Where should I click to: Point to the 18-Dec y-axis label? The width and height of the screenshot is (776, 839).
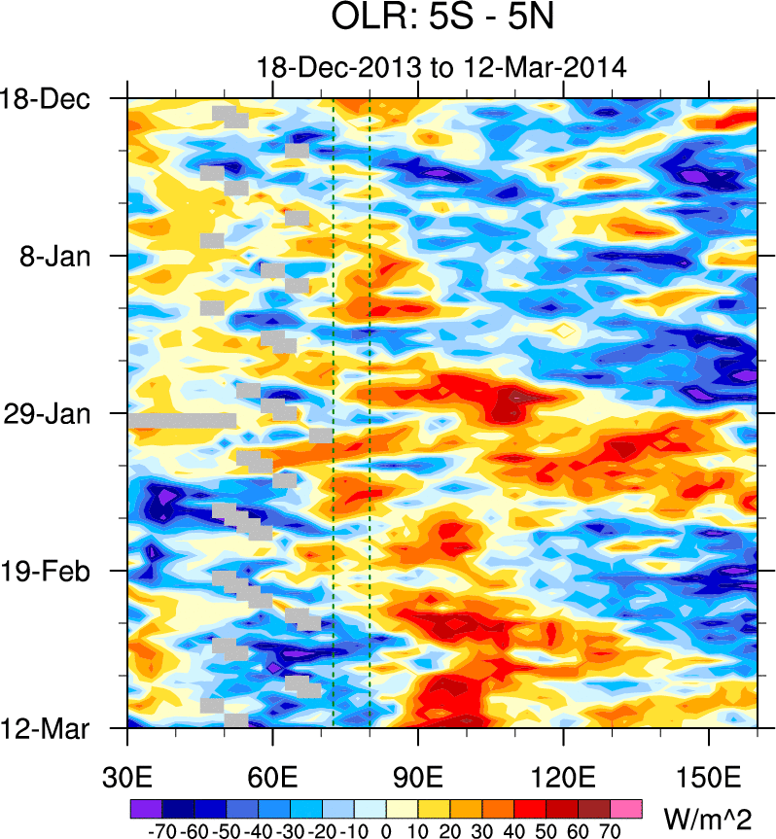pos(46,99)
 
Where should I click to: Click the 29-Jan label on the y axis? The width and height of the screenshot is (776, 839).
pos(49,414)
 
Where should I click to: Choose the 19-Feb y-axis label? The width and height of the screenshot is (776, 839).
pos(49,571)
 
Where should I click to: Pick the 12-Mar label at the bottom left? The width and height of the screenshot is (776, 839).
pos(47,728)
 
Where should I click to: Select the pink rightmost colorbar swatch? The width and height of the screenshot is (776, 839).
pos(626,807)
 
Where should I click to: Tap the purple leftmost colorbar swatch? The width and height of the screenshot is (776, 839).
pos(145,807)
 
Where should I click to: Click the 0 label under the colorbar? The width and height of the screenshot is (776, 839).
pos(386,831)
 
